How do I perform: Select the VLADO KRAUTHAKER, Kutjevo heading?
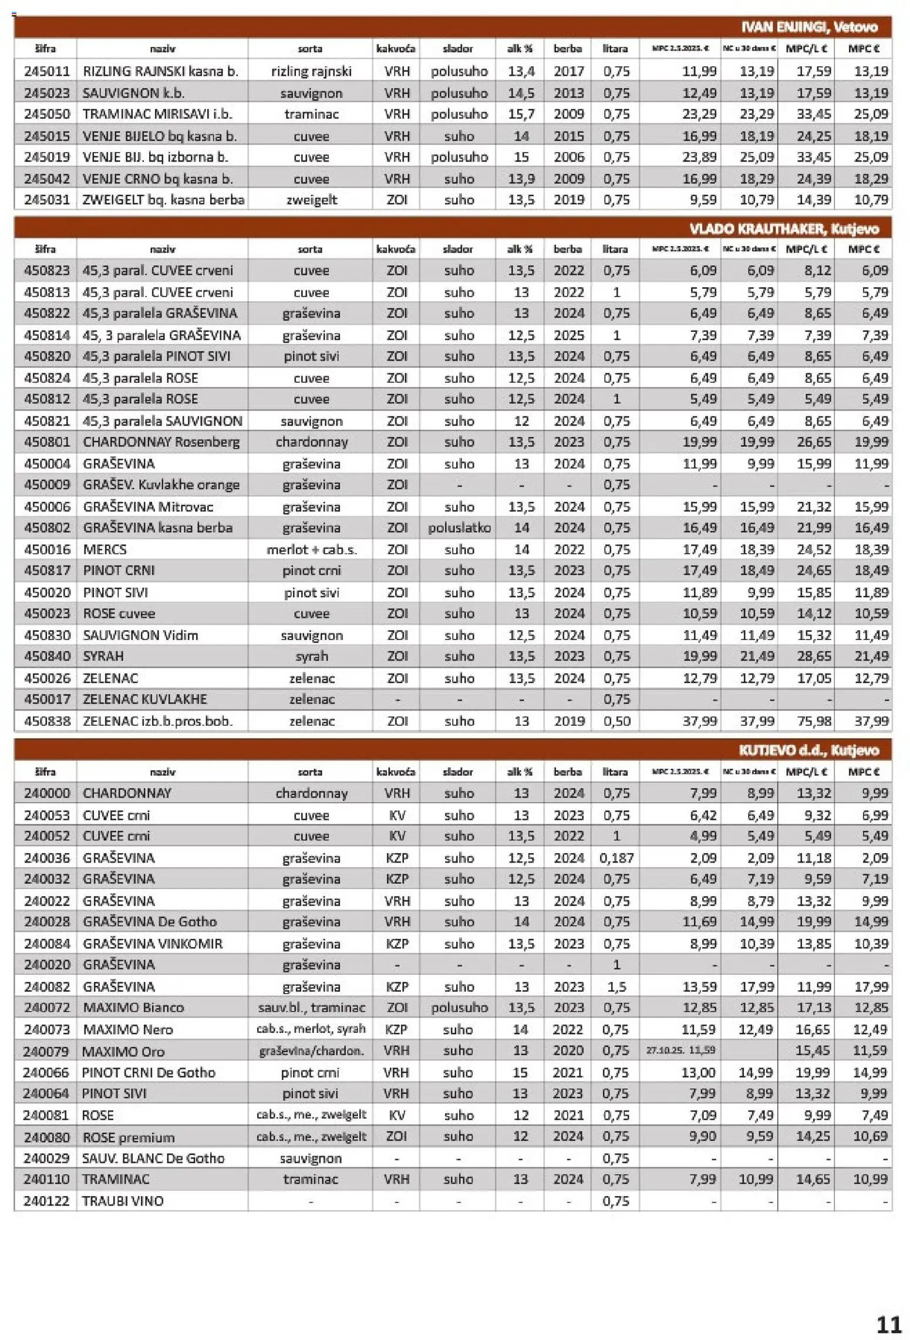coord(784,228)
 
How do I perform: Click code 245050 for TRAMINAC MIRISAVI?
coord(46,114)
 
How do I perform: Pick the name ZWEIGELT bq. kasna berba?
coord(163,200)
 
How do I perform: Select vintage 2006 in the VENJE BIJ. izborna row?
coord(568,157)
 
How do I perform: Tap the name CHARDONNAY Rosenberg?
coord(161,442)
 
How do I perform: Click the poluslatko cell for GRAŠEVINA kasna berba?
coord(459,527)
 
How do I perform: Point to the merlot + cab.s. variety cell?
coord(311,549)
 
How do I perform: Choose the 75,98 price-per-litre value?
coord(813,720)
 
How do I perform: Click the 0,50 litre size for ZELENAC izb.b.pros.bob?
coord(616,720)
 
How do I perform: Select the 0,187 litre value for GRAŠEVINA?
coord(616,858)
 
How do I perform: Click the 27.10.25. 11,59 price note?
coord(680,1050)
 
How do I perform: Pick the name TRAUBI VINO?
coord(123,1201)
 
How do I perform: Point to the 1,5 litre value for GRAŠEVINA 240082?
coord(616,987)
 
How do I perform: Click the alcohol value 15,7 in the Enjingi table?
coord(521,114)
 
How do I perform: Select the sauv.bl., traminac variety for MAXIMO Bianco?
coord(311,1008)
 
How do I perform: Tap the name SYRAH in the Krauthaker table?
coord(103,656)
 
